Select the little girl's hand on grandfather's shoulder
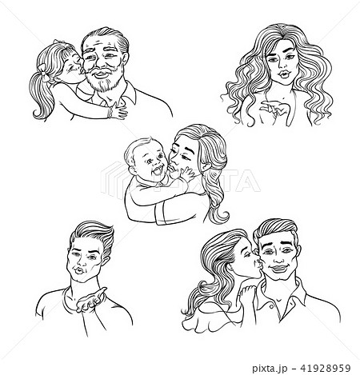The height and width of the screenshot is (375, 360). pyautogui.click(x=118, y=110)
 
